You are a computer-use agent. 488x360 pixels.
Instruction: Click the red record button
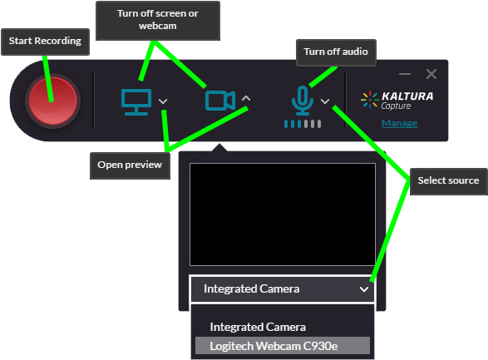52,101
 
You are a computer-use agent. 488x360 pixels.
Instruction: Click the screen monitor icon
135,101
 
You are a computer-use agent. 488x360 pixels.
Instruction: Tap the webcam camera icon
219,101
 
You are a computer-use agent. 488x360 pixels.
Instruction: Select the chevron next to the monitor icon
163,101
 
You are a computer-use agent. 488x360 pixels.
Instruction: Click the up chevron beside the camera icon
245,100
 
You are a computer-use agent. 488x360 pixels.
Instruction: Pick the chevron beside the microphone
325,101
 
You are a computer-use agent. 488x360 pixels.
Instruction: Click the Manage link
399,124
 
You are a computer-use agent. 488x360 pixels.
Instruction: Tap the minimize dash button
405,74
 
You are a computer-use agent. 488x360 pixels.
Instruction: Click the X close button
431,74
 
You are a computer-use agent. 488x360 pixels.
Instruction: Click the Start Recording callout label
45,41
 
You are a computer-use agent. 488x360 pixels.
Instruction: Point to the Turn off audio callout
335,52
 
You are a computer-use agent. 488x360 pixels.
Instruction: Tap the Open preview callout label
129,165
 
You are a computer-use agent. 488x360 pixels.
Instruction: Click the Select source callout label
448,180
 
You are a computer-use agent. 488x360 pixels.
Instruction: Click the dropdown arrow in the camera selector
363,289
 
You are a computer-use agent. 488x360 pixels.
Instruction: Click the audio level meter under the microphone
302,124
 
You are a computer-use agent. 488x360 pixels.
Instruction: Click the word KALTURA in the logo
407,96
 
